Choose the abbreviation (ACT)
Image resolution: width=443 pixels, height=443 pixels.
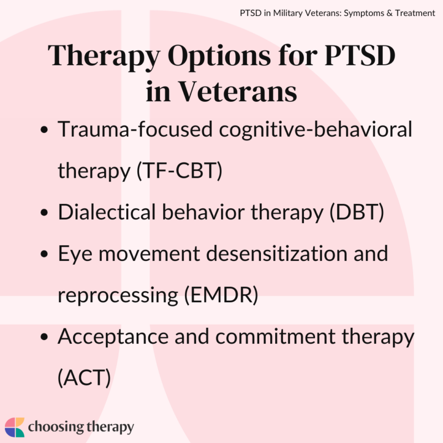[84, 377]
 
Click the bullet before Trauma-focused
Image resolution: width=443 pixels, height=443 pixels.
[44, 131]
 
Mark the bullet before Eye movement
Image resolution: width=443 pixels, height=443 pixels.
[44, 254]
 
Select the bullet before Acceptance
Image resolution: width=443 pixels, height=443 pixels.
[44, 337]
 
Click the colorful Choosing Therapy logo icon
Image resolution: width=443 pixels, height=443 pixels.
[15, 427]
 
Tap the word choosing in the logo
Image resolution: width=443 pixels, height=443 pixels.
[54, 427]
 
